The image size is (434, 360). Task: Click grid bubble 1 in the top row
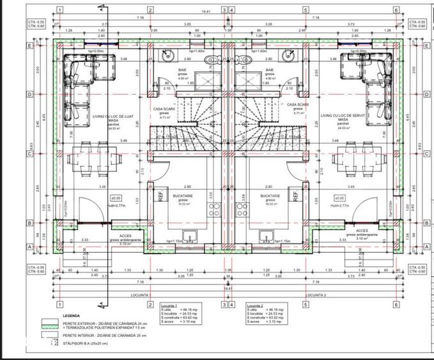tap(59, 10)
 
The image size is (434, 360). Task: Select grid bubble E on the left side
tap(28, 46)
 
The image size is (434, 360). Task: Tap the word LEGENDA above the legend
tap(72, 316)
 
